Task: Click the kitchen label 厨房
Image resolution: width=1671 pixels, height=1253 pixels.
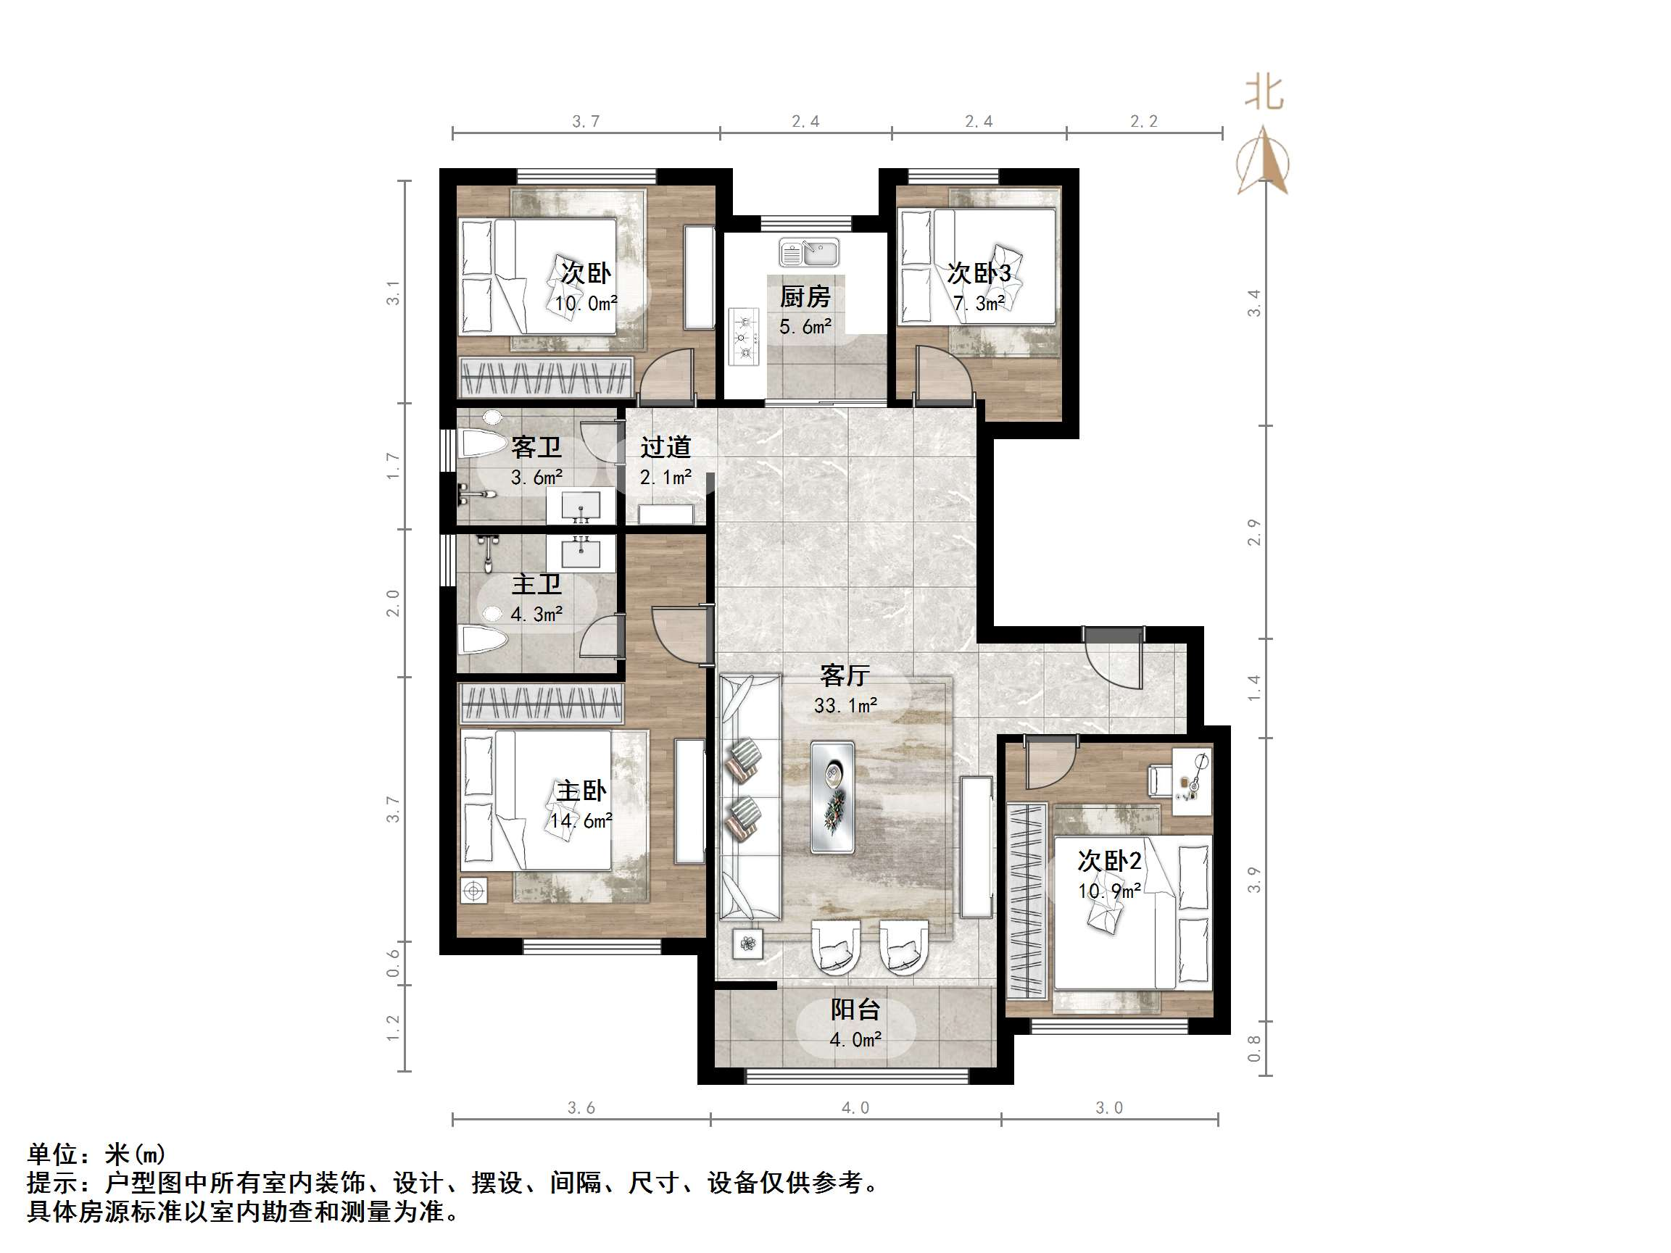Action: [x=805, y=297]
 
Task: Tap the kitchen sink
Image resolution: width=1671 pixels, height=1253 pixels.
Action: [x=809, y=253]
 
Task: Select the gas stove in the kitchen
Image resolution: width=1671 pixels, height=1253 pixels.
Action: [x=743, y=337]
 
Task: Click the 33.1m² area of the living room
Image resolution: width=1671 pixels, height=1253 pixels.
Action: [x=845, y=705]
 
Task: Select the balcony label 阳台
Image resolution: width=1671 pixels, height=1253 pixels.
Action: [x=855, y=1010]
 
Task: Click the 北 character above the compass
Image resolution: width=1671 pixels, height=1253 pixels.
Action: [x=1264, y=93]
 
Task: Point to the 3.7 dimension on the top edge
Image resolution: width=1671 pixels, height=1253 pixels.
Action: [x=586, y=122]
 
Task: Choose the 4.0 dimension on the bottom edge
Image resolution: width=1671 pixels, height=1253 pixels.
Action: [x=855, y=1108]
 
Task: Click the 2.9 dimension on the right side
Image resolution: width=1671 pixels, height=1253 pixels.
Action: [x=1254, y=533]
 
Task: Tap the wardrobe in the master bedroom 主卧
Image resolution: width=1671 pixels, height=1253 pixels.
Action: [x=542, y=702]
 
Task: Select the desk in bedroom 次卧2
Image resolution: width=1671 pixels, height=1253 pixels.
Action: [x=1192, y=780]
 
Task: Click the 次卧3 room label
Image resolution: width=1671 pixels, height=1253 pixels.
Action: [x=978, y=272]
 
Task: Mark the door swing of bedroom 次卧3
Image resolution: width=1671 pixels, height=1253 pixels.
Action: [x=942, y=371]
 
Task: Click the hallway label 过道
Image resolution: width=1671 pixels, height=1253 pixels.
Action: [x=666, y=447]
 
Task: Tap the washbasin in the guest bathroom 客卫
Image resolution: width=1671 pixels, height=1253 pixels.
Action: [x=580, y=504]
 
